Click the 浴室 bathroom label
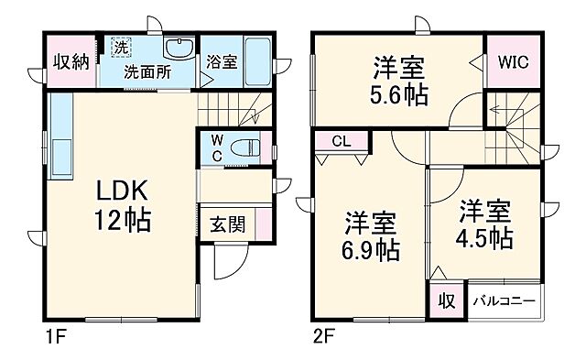(x=222, y=62)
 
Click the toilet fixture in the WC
(x=245, y=147)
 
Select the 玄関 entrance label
(x=227, y=224)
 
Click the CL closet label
(x=341, y=141)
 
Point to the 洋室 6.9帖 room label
(x=371, y=235)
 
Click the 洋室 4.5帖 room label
(x=485, y=224)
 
